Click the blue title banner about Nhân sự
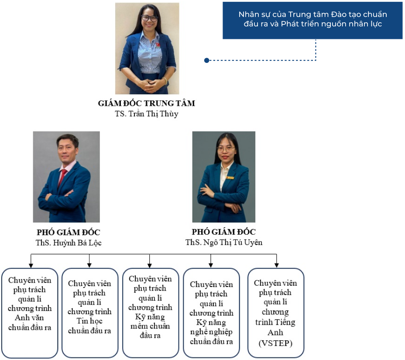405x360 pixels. click(x=312, y=21)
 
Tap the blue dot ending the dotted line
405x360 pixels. click(x=206, y=60)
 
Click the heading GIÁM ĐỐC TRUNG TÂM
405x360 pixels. click(x=147, y=103)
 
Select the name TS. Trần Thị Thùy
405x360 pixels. click(x=147, y=114)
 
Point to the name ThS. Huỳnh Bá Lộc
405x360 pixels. click(x=69, y=243)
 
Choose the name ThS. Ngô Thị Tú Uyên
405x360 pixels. click(x=224, y=242)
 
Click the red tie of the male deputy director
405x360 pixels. click(x=62, y=178)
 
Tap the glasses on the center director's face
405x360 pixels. click(x=149, y=18)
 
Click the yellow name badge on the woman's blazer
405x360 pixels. click(x=230, y=178)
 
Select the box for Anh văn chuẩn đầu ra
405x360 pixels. click(x=30, y=313)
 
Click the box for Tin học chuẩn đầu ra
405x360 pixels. click(x=90, y=313)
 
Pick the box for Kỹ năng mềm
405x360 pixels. click(x=150, y=313)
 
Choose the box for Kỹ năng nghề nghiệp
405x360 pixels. click(x=211, y=313)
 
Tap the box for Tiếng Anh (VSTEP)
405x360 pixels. click(x=275, y=313)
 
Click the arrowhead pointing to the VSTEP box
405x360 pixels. click(x=277, y=265)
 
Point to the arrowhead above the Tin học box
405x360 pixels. click(x=89, y=265)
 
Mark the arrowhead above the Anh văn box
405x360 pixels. click(x=31, y=265)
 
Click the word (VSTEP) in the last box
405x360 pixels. click(x=275, y=343)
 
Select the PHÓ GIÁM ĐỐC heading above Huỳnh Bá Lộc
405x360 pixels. click(x=69, y=232)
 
